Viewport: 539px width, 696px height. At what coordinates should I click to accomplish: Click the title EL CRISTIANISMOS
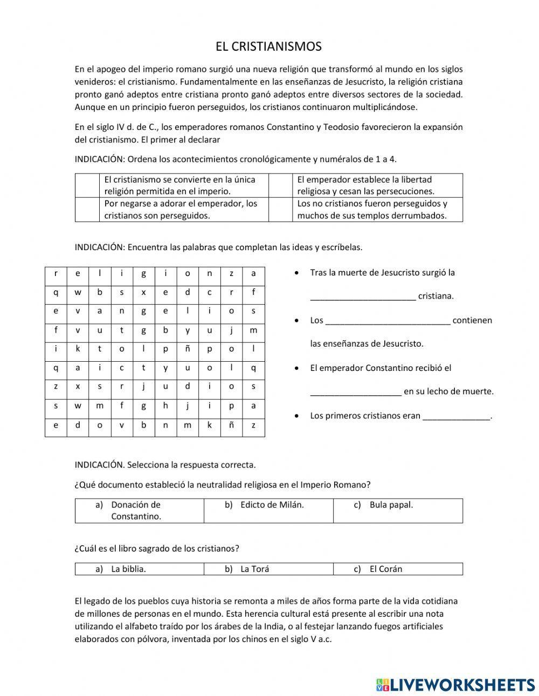click(x=268, y=47)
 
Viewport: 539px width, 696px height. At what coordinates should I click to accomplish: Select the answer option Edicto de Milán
click(x=272, y=505)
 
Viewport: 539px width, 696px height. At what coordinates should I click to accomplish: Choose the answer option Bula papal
click(x=391, y=505)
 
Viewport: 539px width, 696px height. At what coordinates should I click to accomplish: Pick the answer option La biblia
click(x=128, y=569)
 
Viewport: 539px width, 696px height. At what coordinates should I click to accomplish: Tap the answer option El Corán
click(x=385, y=569)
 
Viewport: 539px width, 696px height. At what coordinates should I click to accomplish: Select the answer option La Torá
click(x=254, y=569)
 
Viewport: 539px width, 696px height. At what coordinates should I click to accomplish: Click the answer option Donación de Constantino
click(x=136, y=511)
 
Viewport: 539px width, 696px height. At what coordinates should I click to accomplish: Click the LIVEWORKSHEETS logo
click(x=455, y=684)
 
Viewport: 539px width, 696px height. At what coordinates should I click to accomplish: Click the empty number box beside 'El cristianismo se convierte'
click(x=87, y=185)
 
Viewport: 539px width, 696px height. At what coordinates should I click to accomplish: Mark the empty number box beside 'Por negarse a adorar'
click(x=87, y=210)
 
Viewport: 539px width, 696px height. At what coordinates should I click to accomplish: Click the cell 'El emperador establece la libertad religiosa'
click(x=377, y=185)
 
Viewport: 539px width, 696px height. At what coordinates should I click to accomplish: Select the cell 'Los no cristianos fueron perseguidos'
click(x=377, y=210)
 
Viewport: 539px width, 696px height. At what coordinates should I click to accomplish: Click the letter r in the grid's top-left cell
click(x=56, y=273)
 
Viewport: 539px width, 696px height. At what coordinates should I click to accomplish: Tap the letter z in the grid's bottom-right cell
click(x=253, y=425)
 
